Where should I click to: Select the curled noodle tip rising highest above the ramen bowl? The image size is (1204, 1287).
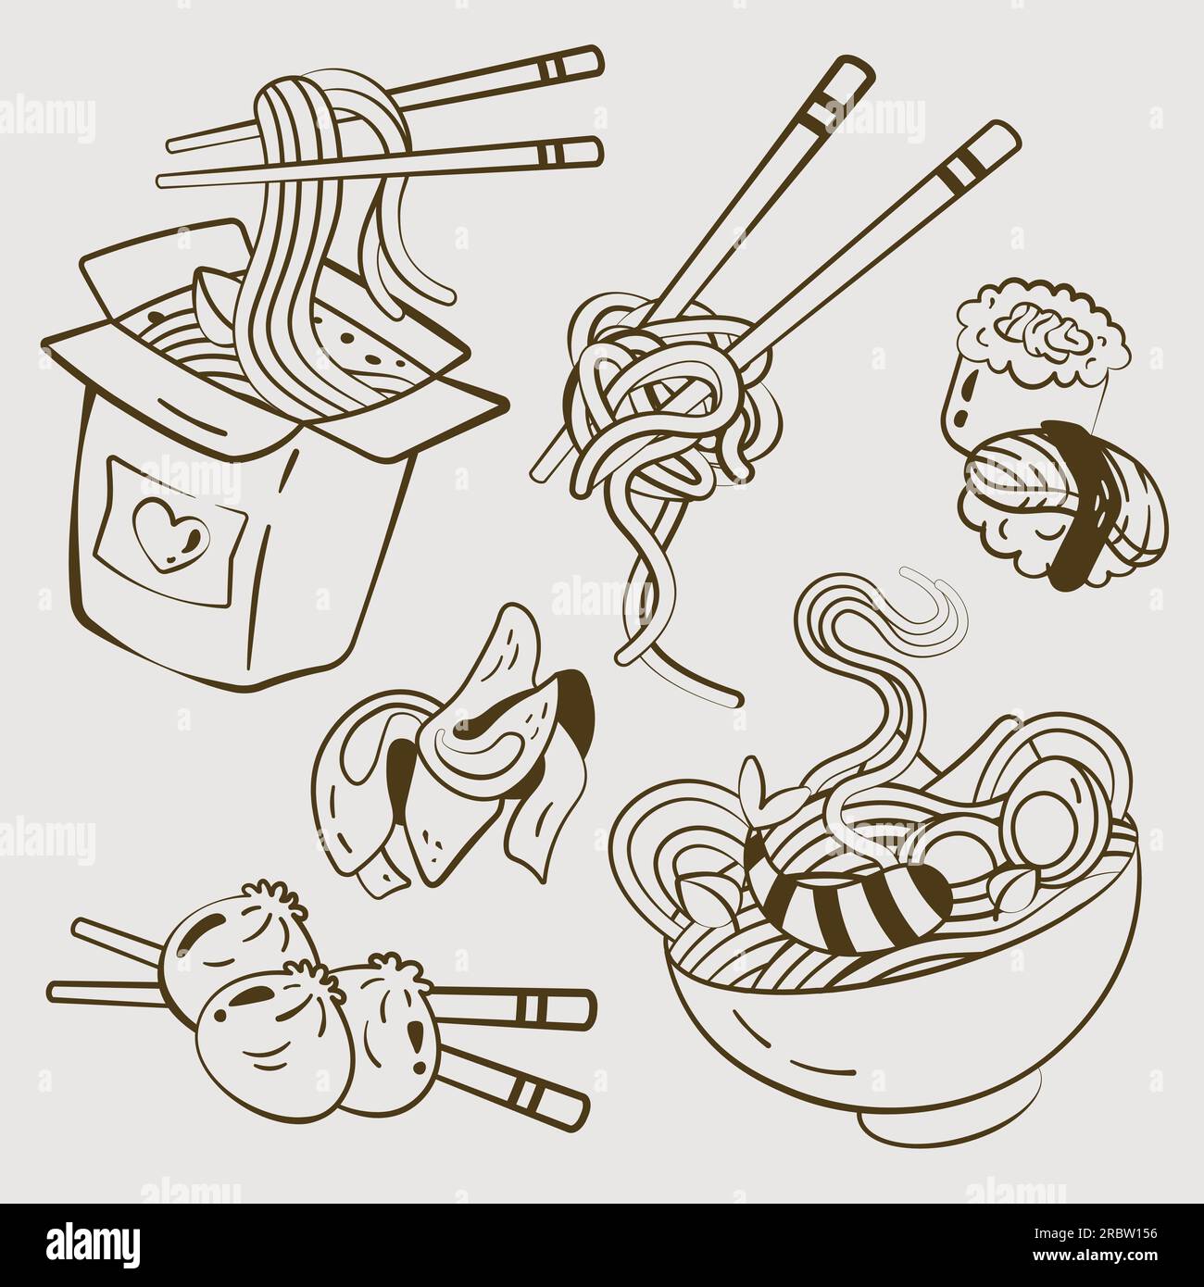pyautogui.click(x=935, y=602)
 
